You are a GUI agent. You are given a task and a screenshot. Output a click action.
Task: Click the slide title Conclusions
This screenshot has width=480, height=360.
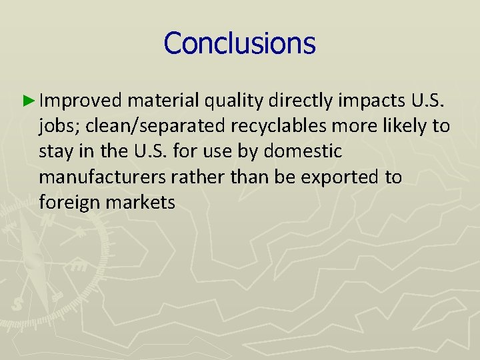[x=239, y=43]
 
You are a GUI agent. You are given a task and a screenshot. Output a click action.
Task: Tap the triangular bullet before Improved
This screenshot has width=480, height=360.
[x=27, y=101]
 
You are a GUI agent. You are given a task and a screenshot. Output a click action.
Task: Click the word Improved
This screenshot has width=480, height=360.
[x=80, y=101]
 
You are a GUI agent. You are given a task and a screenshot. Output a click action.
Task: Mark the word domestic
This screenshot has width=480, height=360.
[x=303, y=151]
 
